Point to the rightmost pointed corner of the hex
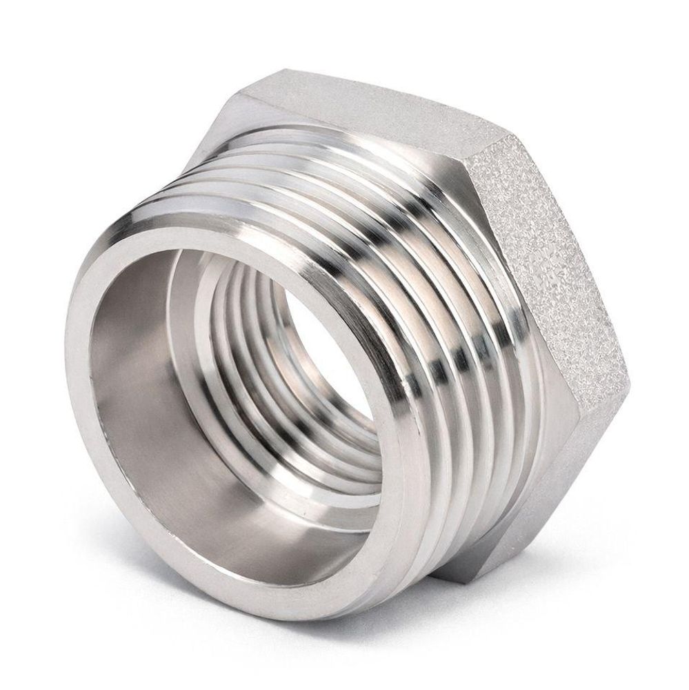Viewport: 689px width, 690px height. (629, 376)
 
